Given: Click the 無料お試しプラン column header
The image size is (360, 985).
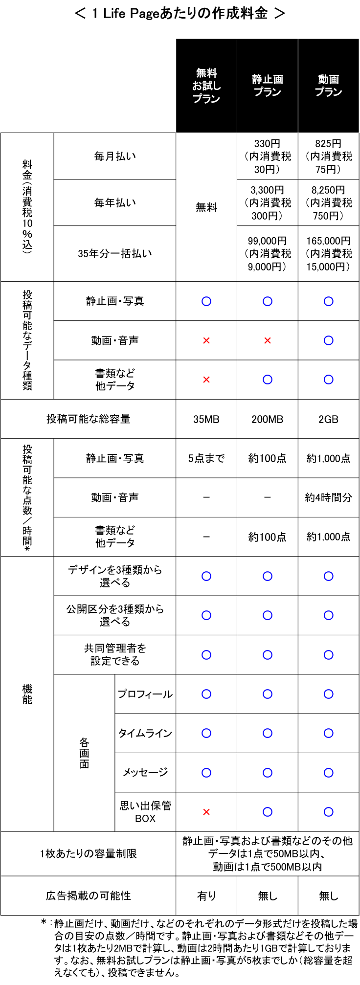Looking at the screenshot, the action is pyautogui.click(x=206, y=86).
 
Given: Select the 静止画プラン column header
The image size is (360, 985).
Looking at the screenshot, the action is pyautogui.click(x=268, y=86).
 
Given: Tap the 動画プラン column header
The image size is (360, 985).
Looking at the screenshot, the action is pyautogui.click(x=329, y=86).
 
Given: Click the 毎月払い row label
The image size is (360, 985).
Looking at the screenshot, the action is pyautogui.click(x=115, y=156).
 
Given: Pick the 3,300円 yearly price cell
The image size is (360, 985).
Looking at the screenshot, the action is pyautogui.click(x=268, y=202).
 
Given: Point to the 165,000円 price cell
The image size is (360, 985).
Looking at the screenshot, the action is pyautogui.click(x=329, y=253).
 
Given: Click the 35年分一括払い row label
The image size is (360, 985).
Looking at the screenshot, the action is pyautogui.click(x=115, y=253).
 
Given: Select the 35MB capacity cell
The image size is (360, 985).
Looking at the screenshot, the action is pyautogui.click(x=206, y=419).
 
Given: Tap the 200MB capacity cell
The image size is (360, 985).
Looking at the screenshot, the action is pyautogui.click(x=268, y=419).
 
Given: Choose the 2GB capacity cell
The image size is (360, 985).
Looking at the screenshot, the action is pyautogui.click(x=329, y=419).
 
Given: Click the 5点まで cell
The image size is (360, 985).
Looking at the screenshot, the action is pyautogui.click(x=206, y=458).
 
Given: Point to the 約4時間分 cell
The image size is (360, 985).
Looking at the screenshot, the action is pyautogui.click(x=329, y=497).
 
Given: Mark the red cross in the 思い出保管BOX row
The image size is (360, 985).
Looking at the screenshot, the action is pyautogui.click(x=206, y=812).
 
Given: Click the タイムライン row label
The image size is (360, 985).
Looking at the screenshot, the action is pyautogui.click(x=145, y=733).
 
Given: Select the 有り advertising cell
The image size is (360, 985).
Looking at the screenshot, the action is pyautogui.click(x=206, y=895).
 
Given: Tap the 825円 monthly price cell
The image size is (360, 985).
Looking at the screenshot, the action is pyautogui.click(x=329, y=156).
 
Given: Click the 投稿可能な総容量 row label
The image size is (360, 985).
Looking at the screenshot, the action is pyautogui.click(x=89, y=419).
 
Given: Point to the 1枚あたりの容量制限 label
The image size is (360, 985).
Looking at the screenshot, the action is pyautogui.click(x=89, y=853).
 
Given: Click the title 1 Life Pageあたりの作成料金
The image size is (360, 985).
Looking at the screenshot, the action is pyautogui.click(x=180, y=13).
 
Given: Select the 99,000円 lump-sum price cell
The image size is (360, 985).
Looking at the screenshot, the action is pyautogui.click(x=268, y=253).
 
